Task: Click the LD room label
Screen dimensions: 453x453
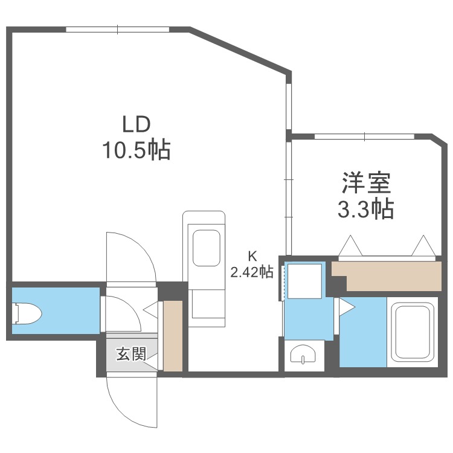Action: [137, 124]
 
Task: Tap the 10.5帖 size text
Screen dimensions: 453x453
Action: [137, 150]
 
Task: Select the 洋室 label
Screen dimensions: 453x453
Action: [366, 183]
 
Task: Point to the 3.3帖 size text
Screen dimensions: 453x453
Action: [366, 208]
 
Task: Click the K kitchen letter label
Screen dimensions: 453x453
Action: [252, 255]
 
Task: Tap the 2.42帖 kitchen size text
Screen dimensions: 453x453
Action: [252, 272]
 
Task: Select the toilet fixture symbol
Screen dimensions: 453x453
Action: [27, 313]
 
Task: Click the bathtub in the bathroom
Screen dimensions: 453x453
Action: [413, 332]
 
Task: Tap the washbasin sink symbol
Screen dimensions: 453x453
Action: [303, 354]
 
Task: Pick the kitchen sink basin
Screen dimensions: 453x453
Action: [207, 248]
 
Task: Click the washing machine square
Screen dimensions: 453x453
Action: [305, 281]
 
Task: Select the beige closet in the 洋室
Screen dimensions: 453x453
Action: [387, 276]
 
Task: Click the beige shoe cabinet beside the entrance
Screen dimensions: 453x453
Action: [173, 336]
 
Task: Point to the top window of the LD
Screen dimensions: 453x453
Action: [117, 30]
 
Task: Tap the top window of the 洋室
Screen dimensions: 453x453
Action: [364, 137]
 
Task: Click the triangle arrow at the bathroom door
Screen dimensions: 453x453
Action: [347, 307]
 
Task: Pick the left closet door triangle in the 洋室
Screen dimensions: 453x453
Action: [350, 246]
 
